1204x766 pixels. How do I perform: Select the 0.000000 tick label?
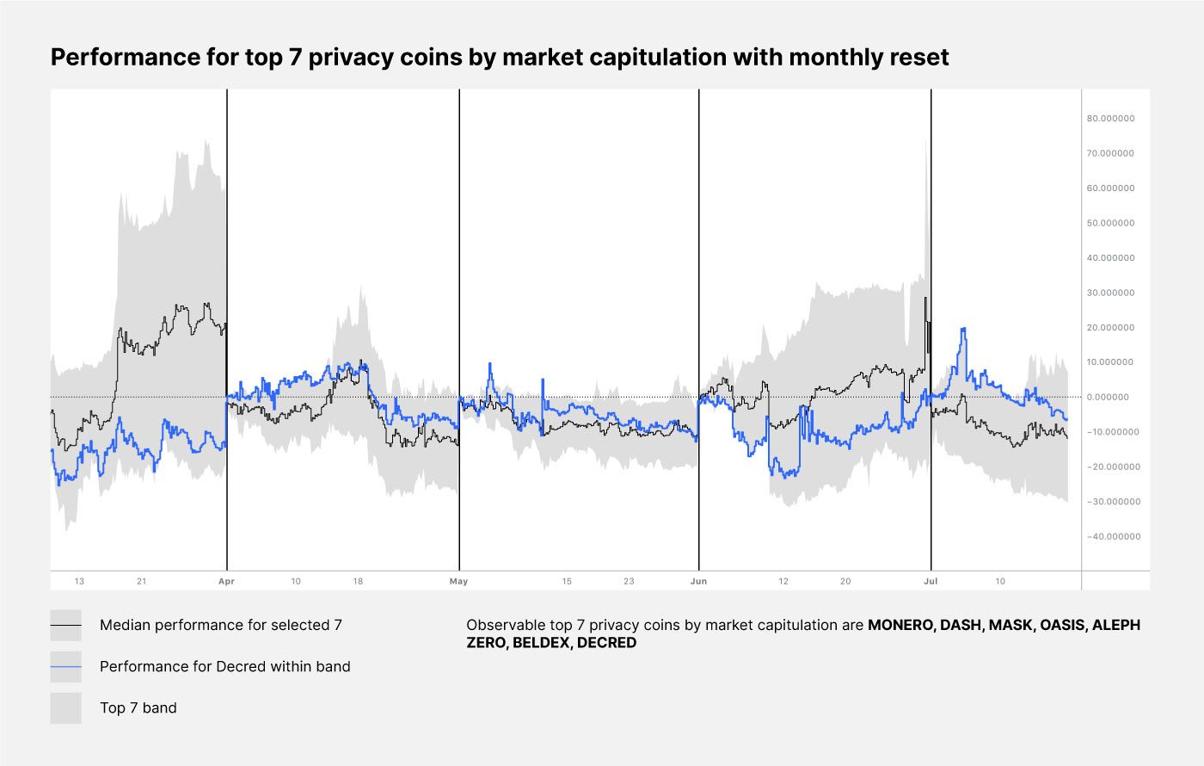(x=1114, y=398)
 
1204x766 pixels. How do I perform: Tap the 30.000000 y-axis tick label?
(x=1112, y=293)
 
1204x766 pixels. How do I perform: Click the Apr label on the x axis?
(x=226, y=582)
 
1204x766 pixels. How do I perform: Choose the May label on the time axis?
(x=458, y=582)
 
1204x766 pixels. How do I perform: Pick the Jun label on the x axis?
(x=698, y=582)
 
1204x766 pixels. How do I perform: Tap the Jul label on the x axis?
(x=931, y=582)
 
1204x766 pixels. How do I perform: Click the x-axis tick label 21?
(x=141, y=582)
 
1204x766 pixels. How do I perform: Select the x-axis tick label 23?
(x=629, y=582)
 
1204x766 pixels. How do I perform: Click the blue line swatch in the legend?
(x=66, y=667)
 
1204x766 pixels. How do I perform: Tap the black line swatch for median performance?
(x=66, y=626)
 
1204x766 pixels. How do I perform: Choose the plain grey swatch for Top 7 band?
(x=66, y=708)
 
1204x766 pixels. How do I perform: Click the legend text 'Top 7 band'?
(x=138, y=708)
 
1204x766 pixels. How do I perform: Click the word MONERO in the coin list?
(x=900, y=626)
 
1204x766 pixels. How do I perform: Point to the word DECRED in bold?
(x=606, y=643)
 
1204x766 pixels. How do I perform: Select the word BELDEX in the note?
(x=541, y=643)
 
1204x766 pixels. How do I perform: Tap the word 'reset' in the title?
(x=919, y=58)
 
